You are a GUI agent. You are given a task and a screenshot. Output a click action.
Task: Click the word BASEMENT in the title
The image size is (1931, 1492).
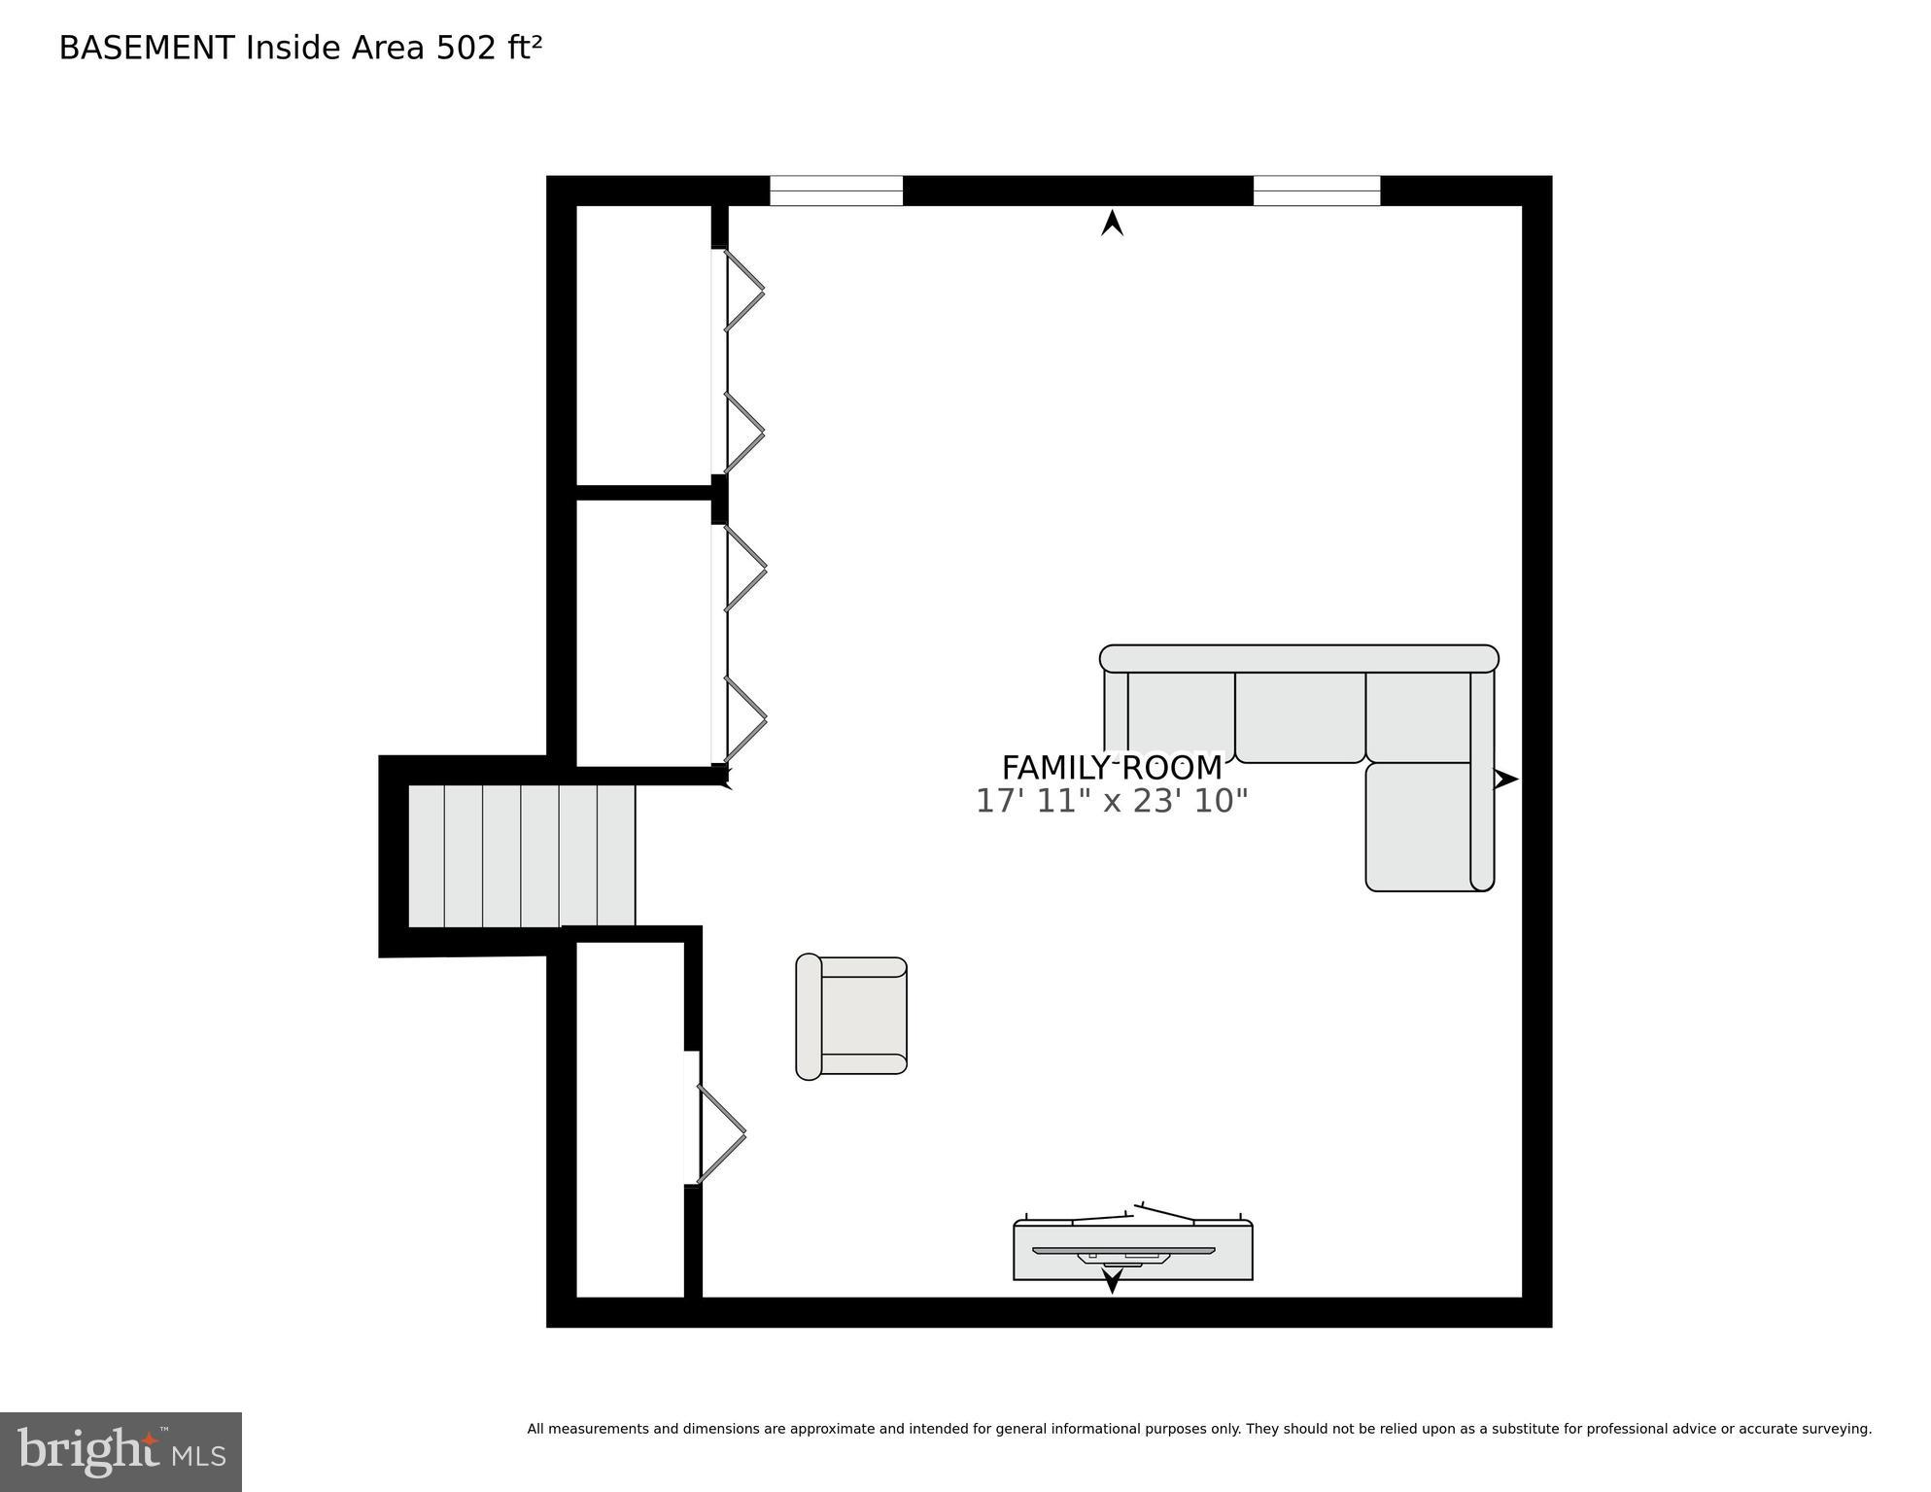[x=147, y=49]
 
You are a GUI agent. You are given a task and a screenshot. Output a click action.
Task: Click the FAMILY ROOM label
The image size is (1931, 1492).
[x=1111, y=768]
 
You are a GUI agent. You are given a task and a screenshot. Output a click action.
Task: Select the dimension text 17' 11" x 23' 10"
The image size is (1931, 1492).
[x=1111, y=801]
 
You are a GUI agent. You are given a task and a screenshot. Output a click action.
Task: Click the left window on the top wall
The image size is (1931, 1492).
[x=836, y=191]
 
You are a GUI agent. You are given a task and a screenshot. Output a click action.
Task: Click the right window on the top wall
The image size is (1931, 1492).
[x=1316, y=191]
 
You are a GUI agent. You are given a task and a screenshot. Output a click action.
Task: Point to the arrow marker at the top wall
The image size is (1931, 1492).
[x=1112, y=225]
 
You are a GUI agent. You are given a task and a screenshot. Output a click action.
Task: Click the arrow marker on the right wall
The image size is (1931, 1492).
[x=1504, y=779]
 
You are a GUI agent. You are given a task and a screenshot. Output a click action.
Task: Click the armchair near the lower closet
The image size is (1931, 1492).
[x=852, y=1016]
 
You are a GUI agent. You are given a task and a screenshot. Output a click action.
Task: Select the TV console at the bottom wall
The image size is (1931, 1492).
[x=1132, y=1252]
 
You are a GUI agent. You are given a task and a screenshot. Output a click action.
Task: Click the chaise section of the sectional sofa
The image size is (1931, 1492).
[x=1418, y=826]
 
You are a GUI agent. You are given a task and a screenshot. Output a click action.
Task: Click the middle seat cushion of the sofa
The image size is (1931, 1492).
[x=1299, y=716]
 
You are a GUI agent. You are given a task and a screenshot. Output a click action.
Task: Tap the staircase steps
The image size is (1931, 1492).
[x=521, y=855]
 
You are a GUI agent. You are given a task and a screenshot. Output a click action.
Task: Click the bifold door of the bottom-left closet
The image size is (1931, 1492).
[x=720, y=1133]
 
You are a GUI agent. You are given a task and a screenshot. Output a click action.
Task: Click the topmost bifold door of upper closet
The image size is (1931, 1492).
[x=743, y=290]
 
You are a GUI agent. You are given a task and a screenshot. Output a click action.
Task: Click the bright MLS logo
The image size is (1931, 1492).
[x=121, y=1451]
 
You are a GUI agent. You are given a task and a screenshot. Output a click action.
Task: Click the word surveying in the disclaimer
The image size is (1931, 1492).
[x=1837, y=1429]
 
